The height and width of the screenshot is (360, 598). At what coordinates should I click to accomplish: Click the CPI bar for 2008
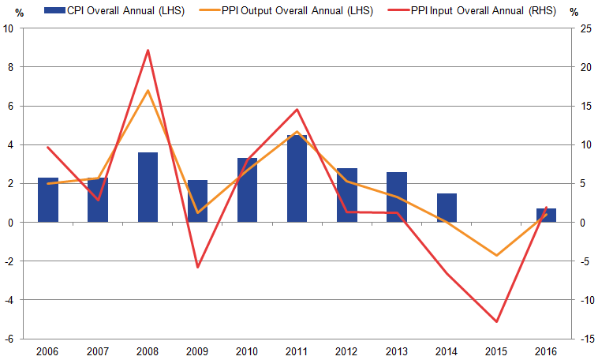(148, 187)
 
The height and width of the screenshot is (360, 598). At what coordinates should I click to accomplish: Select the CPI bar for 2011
(297, 178)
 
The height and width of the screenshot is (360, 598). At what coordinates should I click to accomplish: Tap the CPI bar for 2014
(447, 208)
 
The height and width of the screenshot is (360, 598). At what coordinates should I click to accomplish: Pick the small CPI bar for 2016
(546, 216)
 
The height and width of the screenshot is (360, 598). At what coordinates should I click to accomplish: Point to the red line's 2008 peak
(148, 51)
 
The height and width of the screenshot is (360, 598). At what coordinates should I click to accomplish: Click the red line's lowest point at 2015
(496, 321)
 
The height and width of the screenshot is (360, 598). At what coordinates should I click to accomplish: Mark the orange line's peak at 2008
(148, 91)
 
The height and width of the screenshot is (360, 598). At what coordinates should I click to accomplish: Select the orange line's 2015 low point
(496, 256)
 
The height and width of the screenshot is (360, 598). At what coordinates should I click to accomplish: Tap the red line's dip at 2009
(197, 267)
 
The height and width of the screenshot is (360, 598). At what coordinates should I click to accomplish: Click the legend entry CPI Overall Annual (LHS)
(114, 11)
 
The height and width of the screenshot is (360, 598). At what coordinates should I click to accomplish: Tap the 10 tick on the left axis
(9, 28)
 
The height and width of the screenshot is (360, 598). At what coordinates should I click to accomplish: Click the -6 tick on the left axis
(9, 339)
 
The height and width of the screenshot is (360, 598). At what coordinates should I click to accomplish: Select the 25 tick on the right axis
(585, 28)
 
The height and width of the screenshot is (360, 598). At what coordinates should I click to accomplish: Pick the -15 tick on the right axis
(585, 339)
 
